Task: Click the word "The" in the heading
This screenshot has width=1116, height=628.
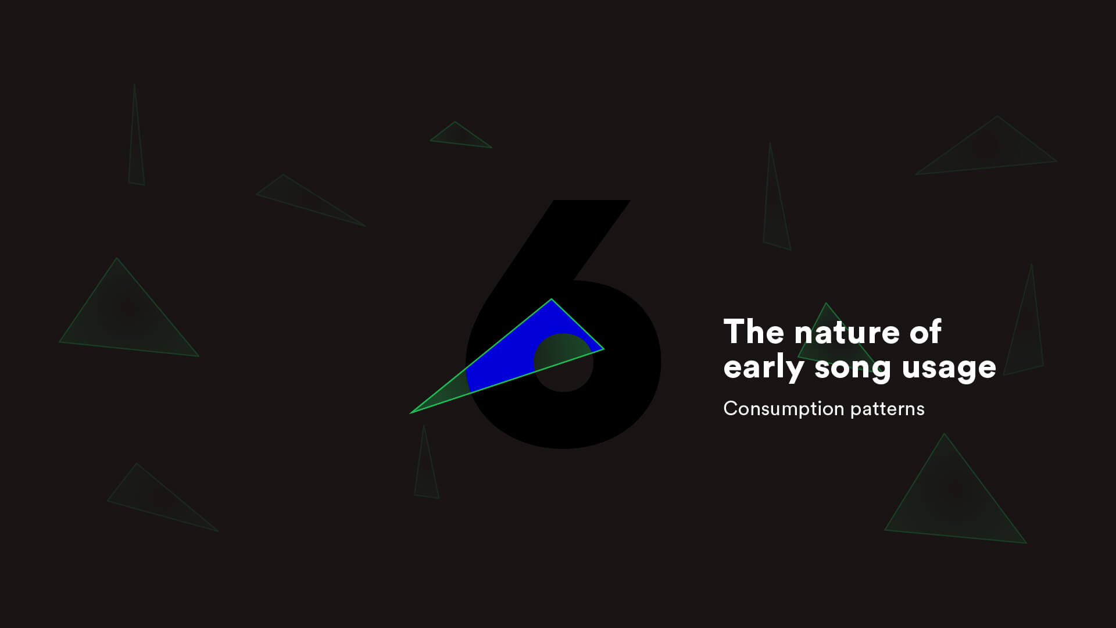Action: click(x=754, y=331)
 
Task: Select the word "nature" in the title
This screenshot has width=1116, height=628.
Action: click(x=846, y=333)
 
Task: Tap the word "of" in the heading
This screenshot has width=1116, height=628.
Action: click(x=925, y=331)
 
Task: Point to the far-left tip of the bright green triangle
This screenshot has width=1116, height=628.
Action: click(x=410, y=413)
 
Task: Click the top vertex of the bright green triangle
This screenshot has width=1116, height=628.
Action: click(x=552, y=299)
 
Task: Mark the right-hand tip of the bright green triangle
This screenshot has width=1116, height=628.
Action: click(x=604, y=349)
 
